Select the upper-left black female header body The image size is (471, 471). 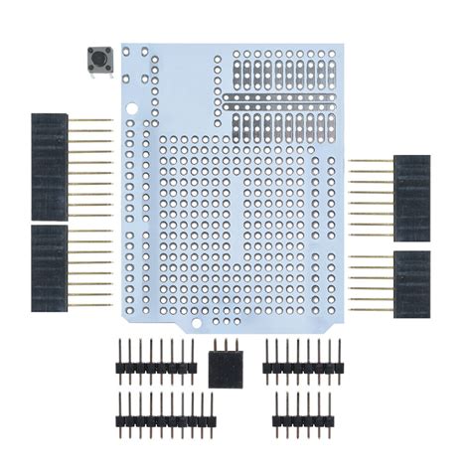tap(49, 166)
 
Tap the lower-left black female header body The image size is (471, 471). tap(49, 267)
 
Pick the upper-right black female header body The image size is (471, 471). tap(411, 198)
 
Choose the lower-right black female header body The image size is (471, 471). tap(411, 284)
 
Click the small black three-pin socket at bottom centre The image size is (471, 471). tap(225, 368)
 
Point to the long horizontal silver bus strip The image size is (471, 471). tap(283, 99)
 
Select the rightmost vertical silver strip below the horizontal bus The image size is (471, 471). tap(329, 123)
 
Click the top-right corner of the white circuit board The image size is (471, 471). tap(341, 45)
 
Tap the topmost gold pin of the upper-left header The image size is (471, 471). tap(94, 120)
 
